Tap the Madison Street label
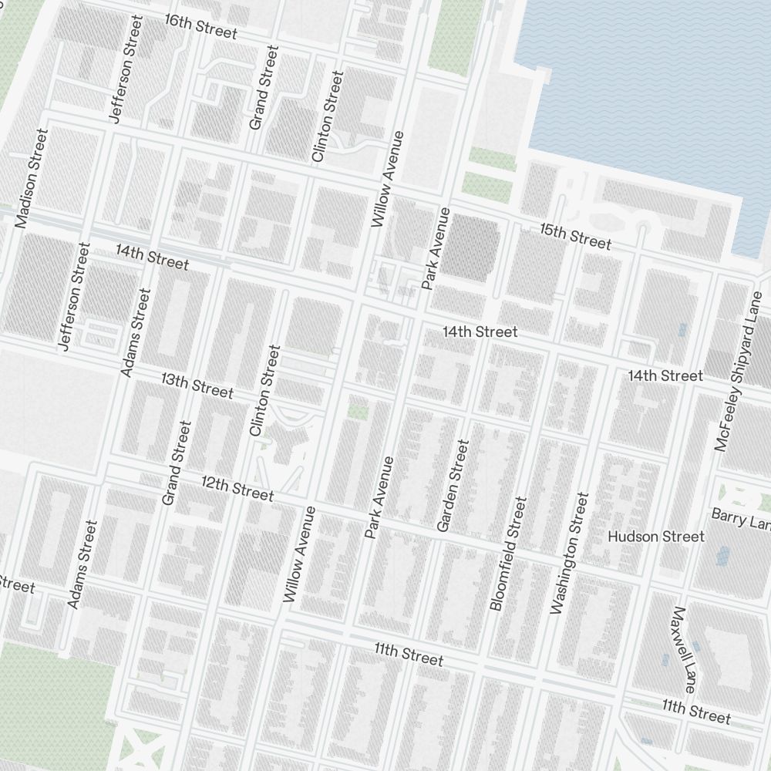click(32, 178)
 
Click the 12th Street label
click(237, 487)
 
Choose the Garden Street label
click(453, 485)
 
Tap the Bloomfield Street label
click(509, 554)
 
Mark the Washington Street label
click(569, 553)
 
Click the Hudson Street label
click(655, 536)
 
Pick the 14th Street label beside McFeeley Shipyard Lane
click(665, 375)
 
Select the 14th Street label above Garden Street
click(480, 332)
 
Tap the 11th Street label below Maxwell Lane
click(695, 712)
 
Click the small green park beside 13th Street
click(357, 410)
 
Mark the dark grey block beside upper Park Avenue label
click(470, 247)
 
